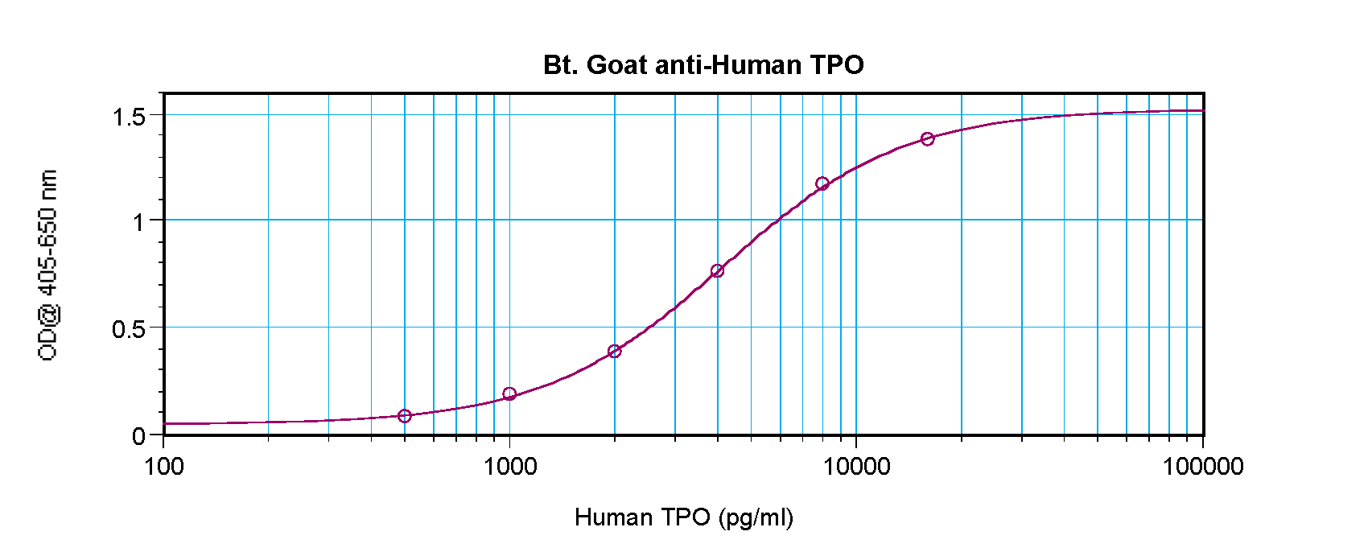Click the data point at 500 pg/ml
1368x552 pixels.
coord(405,416)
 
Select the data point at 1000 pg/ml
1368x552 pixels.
coord(509,394)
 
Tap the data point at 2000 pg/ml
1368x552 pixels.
coord(615,352)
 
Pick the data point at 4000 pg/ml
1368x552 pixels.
coord(718,271)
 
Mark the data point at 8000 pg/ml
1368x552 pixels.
coord(822,184)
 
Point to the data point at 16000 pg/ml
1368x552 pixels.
coord(928,139)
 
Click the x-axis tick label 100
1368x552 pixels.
coord(164,467)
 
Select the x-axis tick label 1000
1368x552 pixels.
coord(509,467)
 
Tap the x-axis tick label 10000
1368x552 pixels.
coord(855,467)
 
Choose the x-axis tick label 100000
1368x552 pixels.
coord(1203,467)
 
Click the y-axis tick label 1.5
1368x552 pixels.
coord(129,117)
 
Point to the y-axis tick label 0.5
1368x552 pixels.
coord(129,329)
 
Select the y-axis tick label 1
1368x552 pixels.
coord(138,222)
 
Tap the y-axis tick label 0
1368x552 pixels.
coord(138,437)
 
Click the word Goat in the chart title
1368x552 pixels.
coord(617,65)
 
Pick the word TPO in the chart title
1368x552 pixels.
coord(837,65)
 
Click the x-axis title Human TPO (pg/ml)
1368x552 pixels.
coord(684,517)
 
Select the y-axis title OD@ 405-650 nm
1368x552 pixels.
coord(47,266)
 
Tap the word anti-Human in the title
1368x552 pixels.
coord(728,65)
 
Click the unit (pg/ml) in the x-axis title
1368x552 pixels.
coord(756,517)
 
